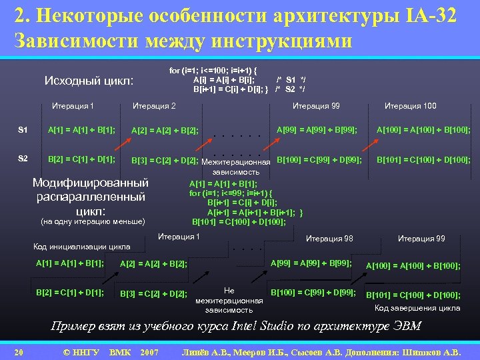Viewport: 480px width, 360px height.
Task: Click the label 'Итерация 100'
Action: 411,105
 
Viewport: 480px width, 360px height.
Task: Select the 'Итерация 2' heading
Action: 155,105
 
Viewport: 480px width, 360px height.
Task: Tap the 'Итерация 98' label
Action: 329,239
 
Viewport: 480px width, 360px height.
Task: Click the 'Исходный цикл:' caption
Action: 89,81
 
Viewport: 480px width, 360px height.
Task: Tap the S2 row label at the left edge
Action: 23,159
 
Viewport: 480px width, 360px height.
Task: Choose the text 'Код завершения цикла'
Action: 417,308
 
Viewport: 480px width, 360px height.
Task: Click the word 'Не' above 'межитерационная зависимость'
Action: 229,291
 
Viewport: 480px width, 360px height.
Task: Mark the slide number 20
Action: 19,351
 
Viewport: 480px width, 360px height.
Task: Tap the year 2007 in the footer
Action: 150,351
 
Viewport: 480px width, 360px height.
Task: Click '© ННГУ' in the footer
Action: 81,351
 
